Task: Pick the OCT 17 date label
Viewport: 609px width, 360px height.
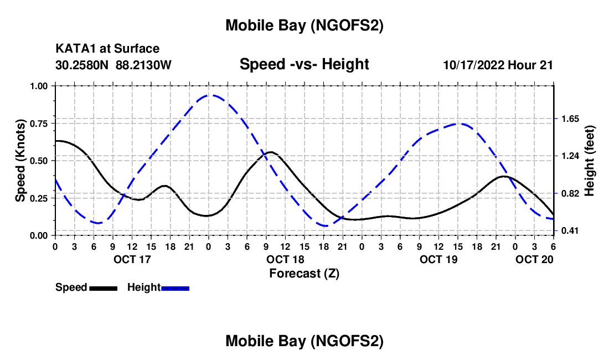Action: click(x=132, y=259)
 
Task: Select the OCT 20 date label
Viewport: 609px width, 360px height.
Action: click(x=534, y=259)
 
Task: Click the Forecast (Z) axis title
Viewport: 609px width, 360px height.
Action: click(x=304, y=273)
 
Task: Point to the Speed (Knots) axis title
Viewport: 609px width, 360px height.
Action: click(x=21, y=161)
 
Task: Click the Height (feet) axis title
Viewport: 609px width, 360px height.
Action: click(x=590, y=161)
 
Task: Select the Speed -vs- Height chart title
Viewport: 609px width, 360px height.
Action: click(x=304, y=65)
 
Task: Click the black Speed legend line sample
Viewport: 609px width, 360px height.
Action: click(x=103, y=288)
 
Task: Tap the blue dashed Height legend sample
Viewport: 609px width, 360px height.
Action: click(x=176, y=288)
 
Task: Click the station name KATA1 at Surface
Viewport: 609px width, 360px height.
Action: click(x=107, y=49)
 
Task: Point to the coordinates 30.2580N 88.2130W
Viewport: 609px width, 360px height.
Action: click(x=113, y=65)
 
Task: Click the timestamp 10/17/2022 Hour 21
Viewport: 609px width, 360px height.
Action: click(x=498, y=65)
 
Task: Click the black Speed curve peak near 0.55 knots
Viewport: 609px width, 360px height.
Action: click(x=270, y=152)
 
